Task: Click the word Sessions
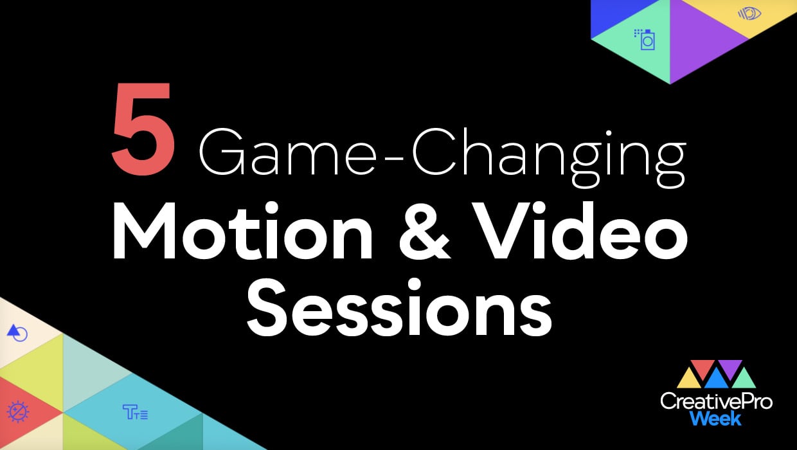point(399,307)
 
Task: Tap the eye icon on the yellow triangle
point(749,13)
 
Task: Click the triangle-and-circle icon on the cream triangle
point(17,333)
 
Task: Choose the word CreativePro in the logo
point(716,402)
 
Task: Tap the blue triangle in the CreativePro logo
point(716,380)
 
